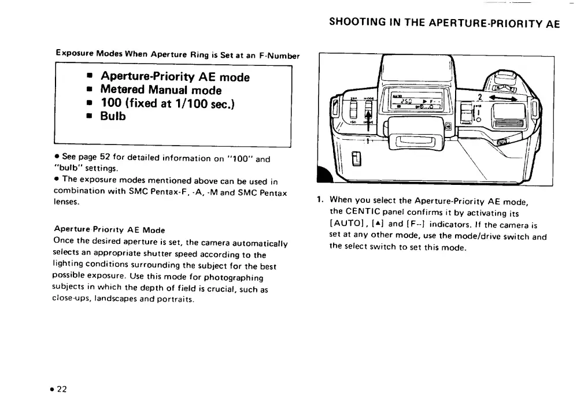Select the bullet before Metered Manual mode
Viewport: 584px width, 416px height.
[90, 91]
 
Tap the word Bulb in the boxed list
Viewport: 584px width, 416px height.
[113, 116]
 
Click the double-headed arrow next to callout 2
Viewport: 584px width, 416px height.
[502, 99]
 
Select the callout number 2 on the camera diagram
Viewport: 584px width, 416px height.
[479, 97]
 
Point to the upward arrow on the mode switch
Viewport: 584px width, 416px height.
[368, 116]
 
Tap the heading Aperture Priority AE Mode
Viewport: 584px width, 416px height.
[109, 230]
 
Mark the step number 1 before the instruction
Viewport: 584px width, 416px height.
[319, 201]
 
